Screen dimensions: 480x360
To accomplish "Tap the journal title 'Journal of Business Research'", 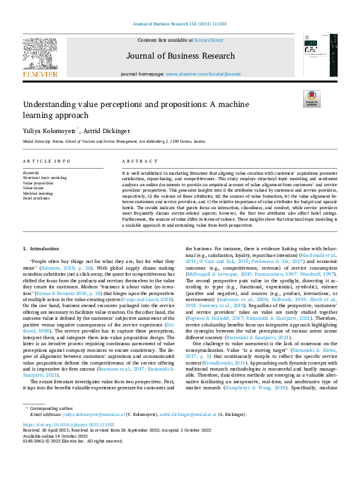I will point(180,56).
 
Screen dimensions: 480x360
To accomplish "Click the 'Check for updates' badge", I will point(312,99).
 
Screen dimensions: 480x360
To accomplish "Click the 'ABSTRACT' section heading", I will point(136,161).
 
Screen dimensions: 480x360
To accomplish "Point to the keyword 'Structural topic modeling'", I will point(45,178).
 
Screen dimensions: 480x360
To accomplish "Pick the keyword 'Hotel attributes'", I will point(37,197).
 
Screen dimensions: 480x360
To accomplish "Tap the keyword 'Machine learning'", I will point(38,192).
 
